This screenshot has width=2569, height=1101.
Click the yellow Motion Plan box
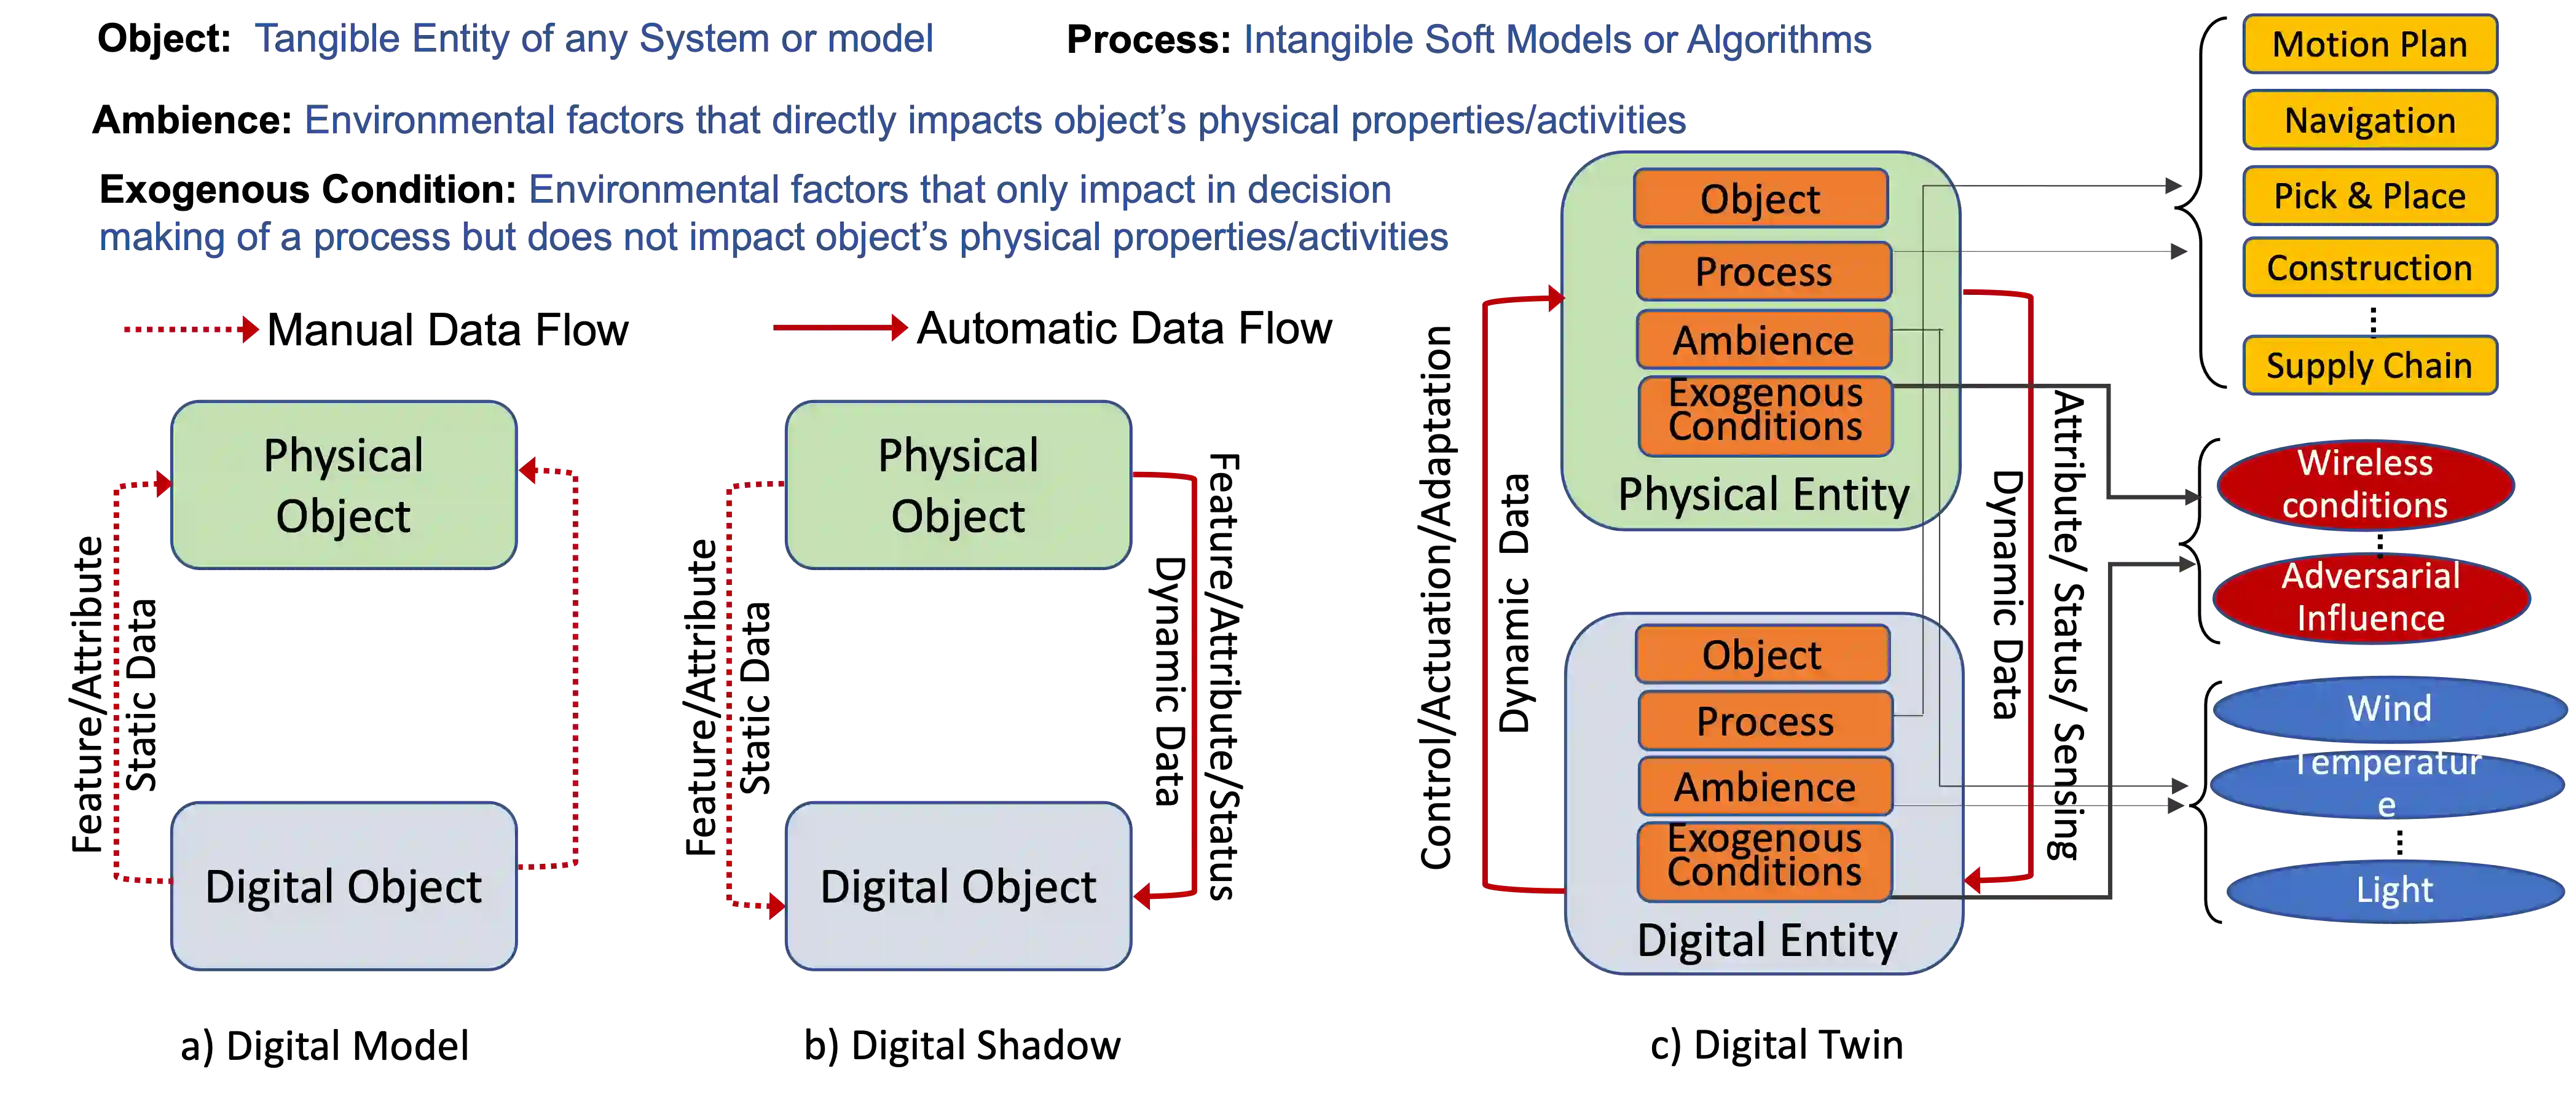tap(2369, 45)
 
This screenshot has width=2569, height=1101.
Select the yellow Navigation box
tap(2369, 120)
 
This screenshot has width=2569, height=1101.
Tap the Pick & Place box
tap(2369, 195)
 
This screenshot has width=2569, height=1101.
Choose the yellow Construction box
tap(2369, 268)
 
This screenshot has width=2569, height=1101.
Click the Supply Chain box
tap(2369, 366)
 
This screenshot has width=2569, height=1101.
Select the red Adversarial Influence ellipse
tap(2370, 597)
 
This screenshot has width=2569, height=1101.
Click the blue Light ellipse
tap(2393, 890)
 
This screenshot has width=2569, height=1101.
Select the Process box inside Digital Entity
tap(1764, 721)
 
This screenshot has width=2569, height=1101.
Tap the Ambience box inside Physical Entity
tap(1763, 340)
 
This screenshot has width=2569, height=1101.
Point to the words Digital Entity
tap(1766, 941)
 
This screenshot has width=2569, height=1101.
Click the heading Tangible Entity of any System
tap(592, 40)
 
